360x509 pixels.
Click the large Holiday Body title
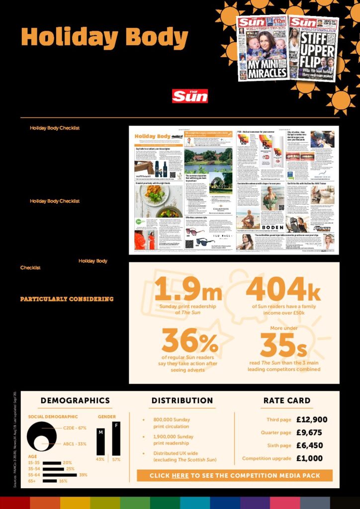[x=104, y=38]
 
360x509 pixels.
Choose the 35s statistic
[x=284, y=344]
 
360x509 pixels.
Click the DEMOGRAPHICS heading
[x=75, y=401]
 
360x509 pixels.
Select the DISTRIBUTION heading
[x=182, y=401]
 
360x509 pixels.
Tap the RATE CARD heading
[x=287, y=401]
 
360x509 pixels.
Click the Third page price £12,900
[x=312, y=420]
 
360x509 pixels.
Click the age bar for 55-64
[x=60, y=475]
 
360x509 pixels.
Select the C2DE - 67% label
[x=75, y=427]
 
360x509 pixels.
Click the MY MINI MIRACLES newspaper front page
[x=262, y=48]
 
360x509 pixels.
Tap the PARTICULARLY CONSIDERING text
[x=67, y=299]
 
